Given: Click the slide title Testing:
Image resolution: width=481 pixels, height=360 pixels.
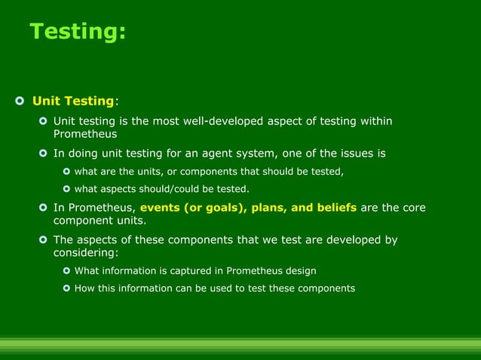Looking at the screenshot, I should [x=78, y=32].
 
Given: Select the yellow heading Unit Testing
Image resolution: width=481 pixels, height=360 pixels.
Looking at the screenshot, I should [x=72, y=101].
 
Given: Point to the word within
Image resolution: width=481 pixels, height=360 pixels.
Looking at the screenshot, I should [x=375, y=121].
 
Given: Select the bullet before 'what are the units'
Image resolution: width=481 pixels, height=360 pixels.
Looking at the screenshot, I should [x=66, y=172].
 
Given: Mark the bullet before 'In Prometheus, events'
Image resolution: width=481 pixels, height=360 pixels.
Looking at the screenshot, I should [x=43, y=207].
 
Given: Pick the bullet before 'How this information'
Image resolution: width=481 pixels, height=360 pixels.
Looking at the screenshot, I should [x=66, y=288].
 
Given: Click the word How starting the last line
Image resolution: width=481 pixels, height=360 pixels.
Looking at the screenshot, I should [x=84, y=288].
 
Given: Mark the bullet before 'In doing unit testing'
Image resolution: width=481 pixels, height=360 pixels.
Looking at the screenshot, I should [x=43, y=154].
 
